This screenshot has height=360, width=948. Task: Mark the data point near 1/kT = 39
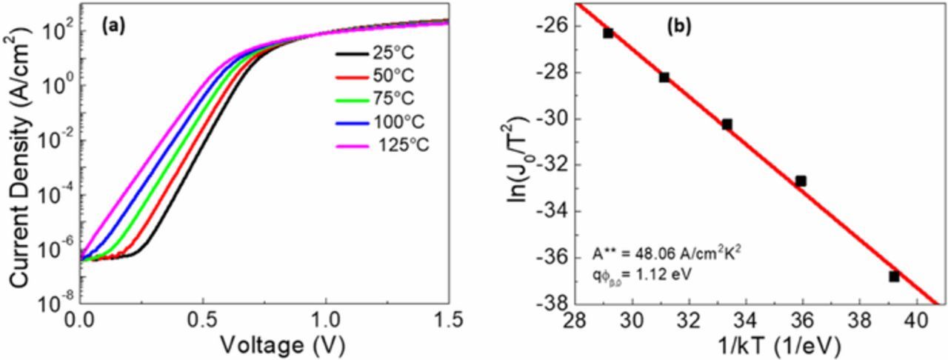(894, 276)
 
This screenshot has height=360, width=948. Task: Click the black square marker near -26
(608, 33)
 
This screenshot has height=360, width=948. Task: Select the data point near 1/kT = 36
(801, 180)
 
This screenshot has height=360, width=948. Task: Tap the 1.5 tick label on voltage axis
(447, 319)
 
